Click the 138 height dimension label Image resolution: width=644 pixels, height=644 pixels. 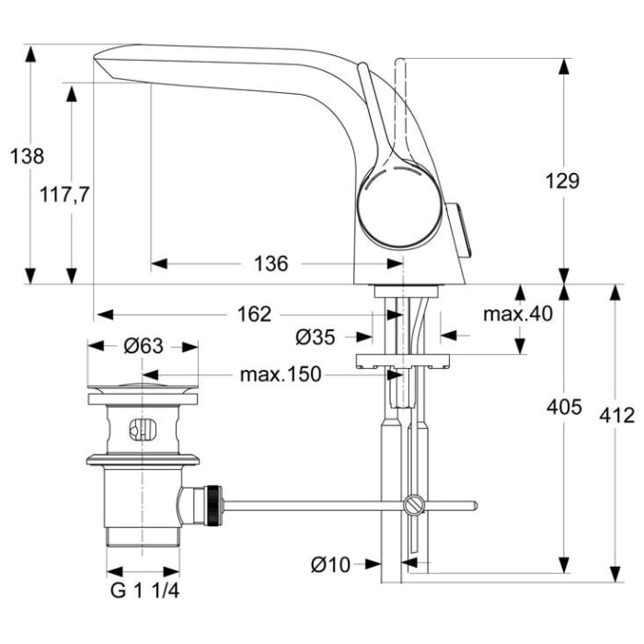(27, 156)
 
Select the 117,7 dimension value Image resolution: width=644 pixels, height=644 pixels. (64, 194)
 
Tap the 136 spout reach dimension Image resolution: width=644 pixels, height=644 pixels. (270, 264)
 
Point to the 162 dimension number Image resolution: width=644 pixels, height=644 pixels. (254, 315)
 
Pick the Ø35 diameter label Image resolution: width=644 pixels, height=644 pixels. (316, 338)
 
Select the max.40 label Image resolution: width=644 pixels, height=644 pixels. (518, 315)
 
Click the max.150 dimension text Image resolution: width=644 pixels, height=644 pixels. (280, 374)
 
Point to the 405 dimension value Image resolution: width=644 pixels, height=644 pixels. (563, 407)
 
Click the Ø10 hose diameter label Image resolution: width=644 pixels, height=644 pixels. (329, 565)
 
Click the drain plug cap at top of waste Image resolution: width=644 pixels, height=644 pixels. (143, 386)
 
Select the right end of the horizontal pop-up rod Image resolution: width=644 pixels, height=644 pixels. (473, 504)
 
